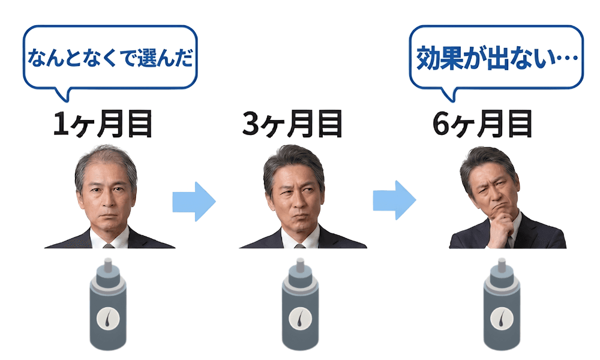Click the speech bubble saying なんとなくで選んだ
pyautogui.click(x=110, y=59)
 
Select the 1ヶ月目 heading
pyautogui.click(x=103, y=124)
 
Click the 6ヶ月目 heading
pyautogui.click(x=483, y=124)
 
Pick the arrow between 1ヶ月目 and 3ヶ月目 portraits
pyautogui.click(x=193, y=202)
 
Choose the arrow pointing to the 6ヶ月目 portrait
pyautogui.click(x=394, y=202)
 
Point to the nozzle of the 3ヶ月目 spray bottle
pyautogui.click(x=299, y=266)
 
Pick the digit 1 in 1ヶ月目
pyautogui.click(x=61, y=125)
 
